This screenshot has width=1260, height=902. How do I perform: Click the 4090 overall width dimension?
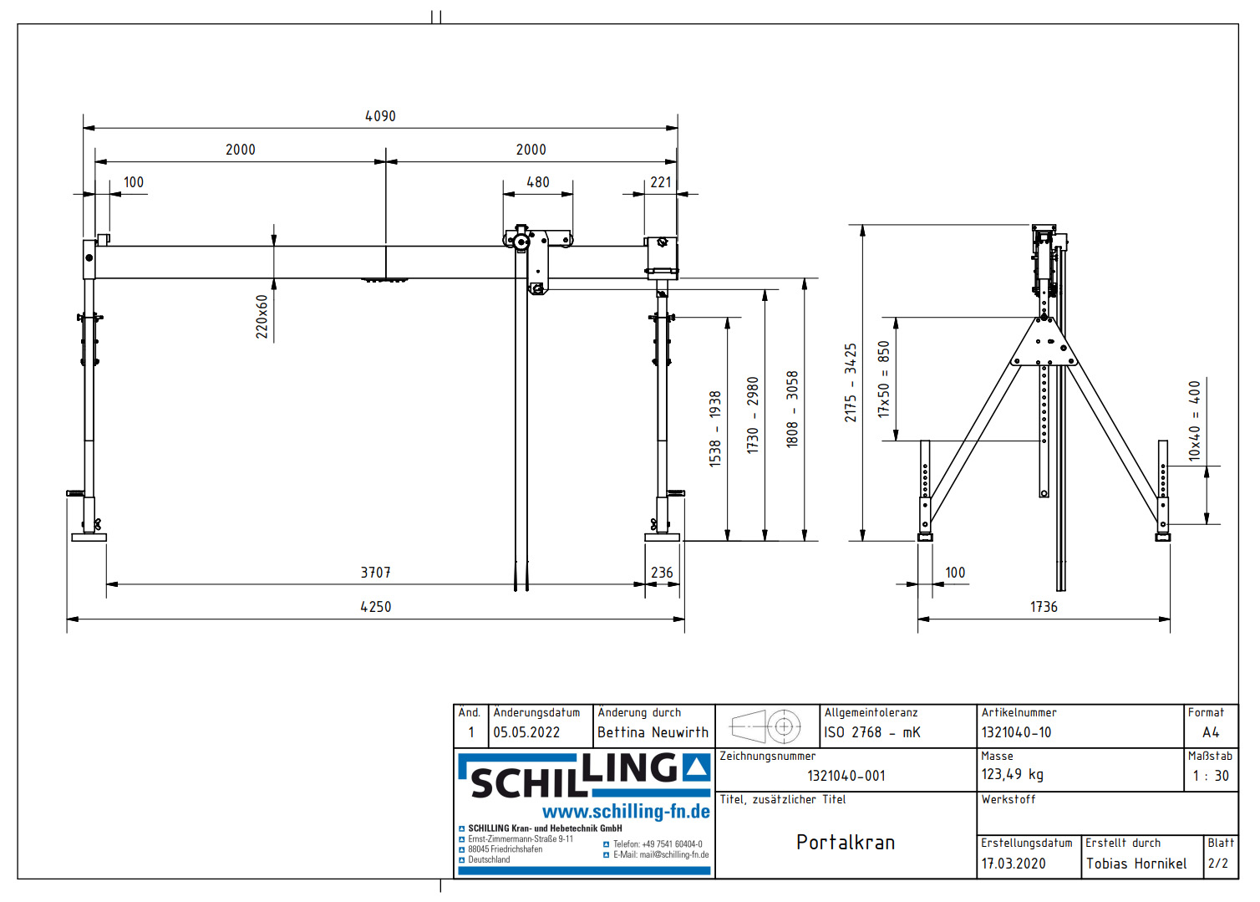pos(380,116)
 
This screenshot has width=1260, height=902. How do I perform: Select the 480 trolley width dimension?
pos(537,182)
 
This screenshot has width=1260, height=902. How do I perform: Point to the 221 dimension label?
pos(660,182)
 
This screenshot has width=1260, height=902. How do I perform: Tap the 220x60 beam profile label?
pos(262,316)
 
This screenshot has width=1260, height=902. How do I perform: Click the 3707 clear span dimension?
pos(375,573)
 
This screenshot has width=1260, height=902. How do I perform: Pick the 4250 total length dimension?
pos(375,607)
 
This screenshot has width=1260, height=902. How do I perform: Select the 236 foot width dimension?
pos(662,573)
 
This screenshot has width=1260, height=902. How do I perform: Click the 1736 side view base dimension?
pos(1043,607)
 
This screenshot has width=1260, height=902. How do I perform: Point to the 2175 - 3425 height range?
pos(851,382)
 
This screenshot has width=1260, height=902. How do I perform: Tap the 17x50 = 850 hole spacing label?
pos(884,379)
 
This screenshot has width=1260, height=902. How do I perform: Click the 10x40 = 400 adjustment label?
pos(1195,420)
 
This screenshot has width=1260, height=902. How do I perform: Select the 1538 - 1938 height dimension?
pos(715,428)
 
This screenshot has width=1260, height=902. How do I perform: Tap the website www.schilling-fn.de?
pos(626,812)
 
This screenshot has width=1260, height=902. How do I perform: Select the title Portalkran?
pos(845,843)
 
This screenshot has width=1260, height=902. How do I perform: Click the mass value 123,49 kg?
pos(1012,775)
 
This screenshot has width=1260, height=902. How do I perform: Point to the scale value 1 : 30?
pos(1210,776)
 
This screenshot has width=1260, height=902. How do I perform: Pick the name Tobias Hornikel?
pos(1136,864)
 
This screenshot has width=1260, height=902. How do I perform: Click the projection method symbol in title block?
pos(765,726)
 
